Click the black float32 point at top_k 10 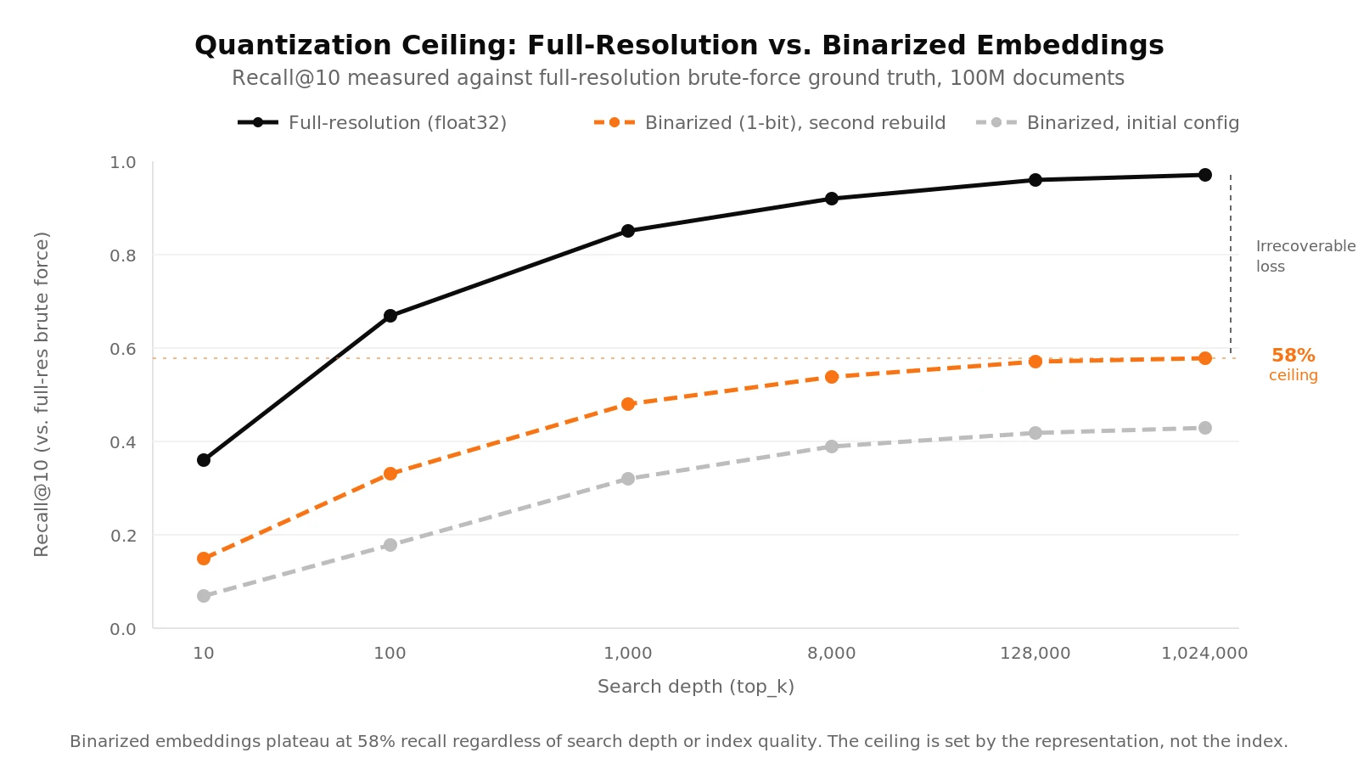tap(204, 460)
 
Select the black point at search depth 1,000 tap(628, 231)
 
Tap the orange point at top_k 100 tap(390, 474)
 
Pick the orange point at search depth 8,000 tap(832, 377)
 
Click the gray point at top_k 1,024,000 tap(1205, 428)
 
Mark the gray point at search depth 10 tap(204, 596)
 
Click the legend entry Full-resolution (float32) tap(396, 123)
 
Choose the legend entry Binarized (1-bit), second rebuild tap(794, 123)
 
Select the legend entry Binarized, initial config tap(1132, 123)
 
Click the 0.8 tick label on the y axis tap(123, 256)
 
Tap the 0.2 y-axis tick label tap(123, 536)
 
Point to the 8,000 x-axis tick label tap(832, 654)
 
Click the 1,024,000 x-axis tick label tap(1204, 654)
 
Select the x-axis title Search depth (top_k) tap(696, 687)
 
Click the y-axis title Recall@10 tap(42, 394)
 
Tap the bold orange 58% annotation tap(1293, 357)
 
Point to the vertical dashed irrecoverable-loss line tap(1231, 263)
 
